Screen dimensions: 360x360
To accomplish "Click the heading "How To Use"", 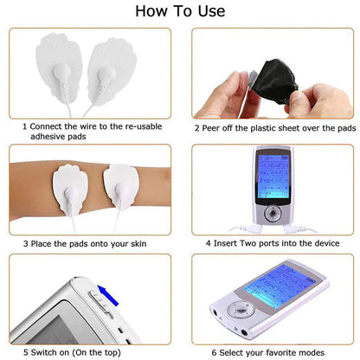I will [181, 11].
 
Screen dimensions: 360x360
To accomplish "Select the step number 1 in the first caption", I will [25, 127].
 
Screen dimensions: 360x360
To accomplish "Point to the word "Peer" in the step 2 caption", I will [215, 127].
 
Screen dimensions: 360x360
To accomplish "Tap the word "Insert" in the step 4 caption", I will [228, 243].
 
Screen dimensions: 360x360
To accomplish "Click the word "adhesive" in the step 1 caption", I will [50, 138].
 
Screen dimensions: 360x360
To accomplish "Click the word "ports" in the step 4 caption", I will [282, 243].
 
